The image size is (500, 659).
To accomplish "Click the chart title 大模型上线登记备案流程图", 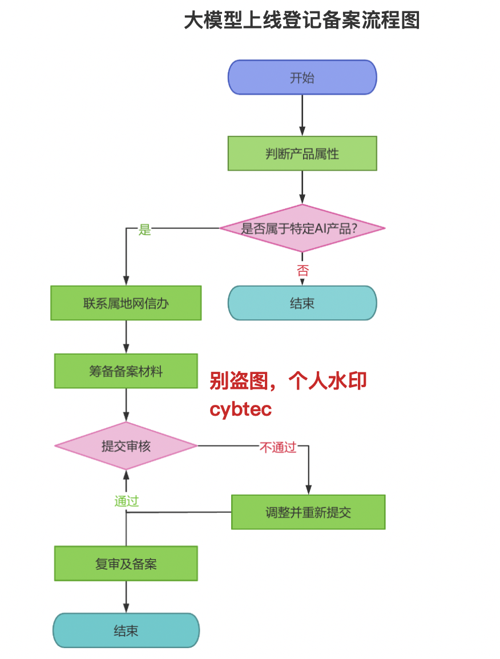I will pyautogui.click(x=301, y=21).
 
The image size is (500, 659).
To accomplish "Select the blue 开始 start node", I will pyautogui.click(x=302, y=77).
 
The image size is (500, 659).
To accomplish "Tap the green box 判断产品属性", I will pyautogui.click(x=302, y=153).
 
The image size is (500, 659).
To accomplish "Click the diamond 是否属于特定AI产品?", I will pyautogui.click(x=302, y=228).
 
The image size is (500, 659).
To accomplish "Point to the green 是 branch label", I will pyautogui.click(x=145, y=230).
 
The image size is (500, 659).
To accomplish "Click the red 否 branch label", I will pyautogui.click(x=302, y=271).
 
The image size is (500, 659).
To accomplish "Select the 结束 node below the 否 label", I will pyautogui.click(x=302, y=303).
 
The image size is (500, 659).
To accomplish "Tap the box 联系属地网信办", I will pyautogui.click(x=126, y=303).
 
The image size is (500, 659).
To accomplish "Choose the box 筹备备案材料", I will pyautogui.click(x=126, y=371).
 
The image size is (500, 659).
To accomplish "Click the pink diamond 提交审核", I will pyautogui.click(x=126, y=445).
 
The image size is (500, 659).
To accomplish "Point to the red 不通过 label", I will pyautogui.click(x=278, y=447).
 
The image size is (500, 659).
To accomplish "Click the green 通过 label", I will pyautogui.click(x=126, y=501).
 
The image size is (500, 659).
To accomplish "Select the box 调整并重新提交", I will pyautogui.click(x=308, y=512).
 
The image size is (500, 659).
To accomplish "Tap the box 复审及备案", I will pyautogui.click(x=126, y=564).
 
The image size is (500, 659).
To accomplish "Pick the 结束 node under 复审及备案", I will pyautogui.click(x=126, y=630).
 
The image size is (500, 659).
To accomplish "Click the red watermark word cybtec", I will pyautogui.click(x=240, y=409).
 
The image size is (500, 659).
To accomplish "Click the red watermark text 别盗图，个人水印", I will pyautogui.click(x=288, y=381).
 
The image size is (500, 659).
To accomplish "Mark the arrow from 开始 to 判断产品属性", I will pyautogui.click(x=302, y=115).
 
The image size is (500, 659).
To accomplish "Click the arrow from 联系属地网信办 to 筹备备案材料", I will pyautogui.click(x=126, y=337).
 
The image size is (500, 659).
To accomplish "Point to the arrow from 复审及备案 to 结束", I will pyautogui.click(x=126, y=597).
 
